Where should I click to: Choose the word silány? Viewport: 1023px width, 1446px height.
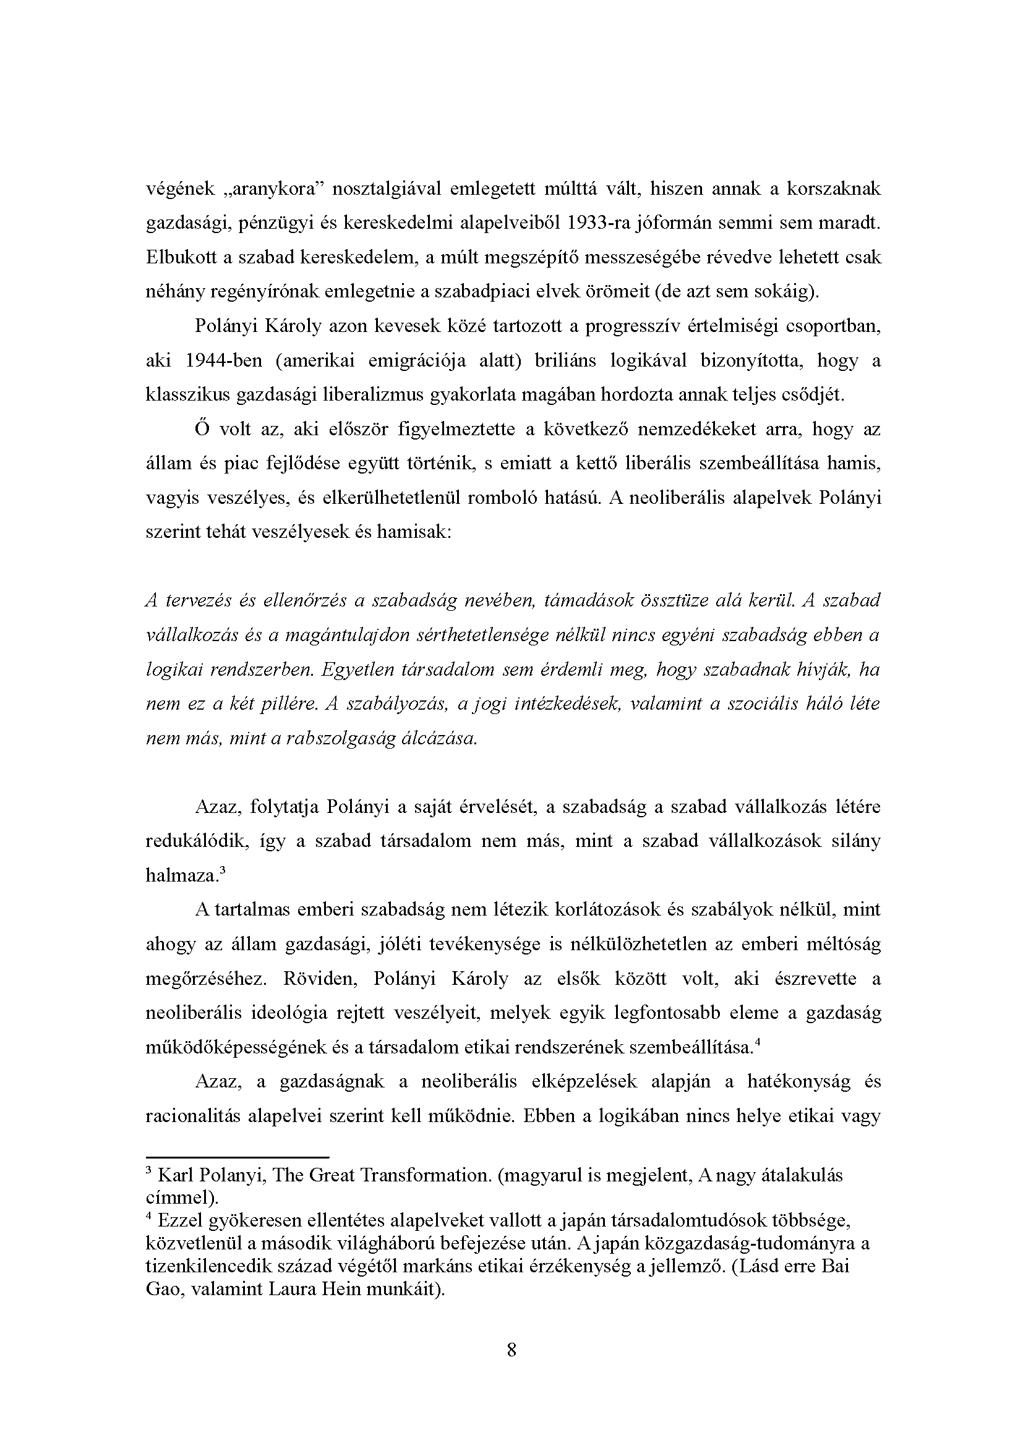858,841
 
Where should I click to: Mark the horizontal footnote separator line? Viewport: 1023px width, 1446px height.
237,1157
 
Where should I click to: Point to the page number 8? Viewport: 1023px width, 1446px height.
511,1350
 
